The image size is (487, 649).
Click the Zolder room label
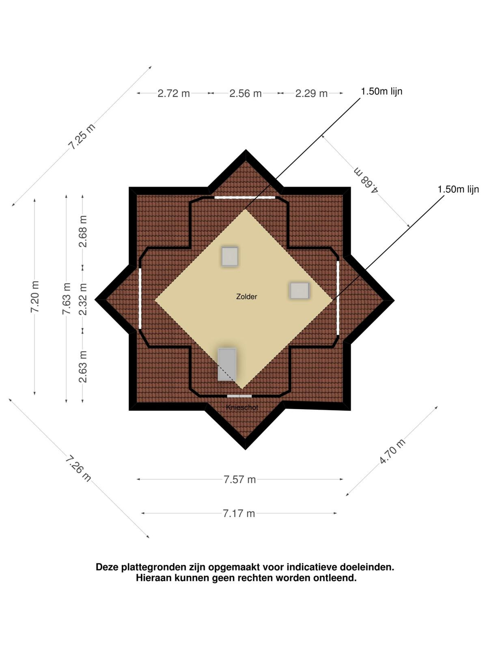246,296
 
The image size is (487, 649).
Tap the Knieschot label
242,407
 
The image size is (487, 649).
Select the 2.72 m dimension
174,93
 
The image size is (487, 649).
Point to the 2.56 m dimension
246,93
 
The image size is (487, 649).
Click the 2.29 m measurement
311,93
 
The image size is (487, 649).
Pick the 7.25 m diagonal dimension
82,137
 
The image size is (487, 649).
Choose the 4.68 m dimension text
366,180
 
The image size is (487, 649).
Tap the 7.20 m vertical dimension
35,297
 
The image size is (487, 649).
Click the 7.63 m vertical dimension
67,299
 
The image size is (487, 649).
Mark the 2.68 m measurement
83,231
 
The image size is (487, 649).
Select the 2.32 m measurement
83,299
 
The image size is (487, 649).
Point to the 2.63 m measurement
83,367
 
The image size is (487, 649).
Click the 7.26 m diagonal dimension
78,469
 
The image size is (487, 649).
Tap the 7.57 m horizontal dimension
239,479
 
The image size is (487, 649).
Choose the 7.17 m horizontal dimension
239,513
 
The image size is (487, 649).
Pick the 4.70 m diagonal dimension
392,451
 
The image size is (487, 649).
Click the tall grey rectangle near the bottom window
227,364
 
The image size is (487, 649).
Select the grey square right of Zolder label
300,291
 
